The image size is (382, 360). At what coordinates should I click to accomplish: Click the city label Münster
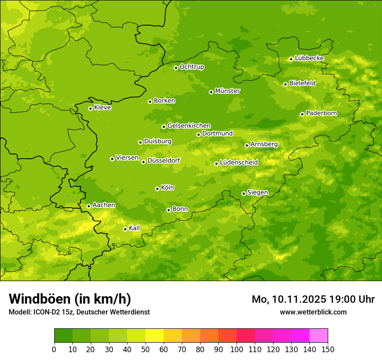[227, 91]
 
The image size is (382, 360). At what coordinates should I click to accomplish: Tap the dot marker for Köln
[157, 189]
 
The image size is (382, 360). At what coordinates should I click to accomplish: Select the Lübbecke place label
[309, 58]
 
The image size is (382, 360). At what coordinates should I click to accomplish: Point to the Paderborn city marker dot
[302, 114]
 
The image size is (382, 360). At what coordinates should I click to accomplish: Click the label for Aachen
[104, 205]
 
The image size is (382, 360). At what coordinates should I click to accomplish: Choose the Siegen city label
[257, 193]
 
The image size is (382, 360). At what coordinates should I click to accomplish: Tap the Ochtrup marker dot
[176, 68]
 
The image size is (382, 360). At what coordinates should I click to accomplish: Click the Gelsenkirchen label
[189, 126]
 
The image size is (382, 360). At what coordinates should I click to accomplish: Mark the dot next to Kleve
[90, 108]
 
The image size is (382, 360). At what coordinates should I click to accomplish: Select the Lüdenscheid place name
[239, 163]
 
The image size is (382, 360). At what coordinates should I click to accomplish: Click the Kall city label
[135, 228]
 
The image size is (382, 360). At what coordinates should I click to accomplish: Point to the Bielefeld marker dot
[285, 84]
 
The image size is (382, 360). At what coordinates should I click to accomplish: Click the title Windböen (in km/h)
[70, 299]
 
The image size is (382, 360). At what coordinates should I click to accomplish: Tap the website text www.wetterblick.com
[313, 312]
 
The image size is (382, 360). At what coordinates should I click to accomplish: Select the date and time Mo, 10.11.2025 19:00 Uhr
[313, 299]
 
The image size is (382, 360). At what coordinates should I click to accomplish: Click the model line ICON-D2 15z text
[79, 312]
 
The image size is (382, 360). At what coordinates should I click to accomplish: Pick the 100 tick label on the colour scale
[237, 349]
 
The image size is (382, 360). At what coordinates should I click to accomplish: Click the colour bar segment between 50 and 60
[155, 336]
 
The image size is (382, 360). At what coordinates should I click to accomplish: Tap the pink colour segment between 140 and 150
[319, 336]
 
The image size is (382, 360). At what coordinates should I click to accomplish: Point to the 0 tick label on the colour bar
[54, 349]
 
